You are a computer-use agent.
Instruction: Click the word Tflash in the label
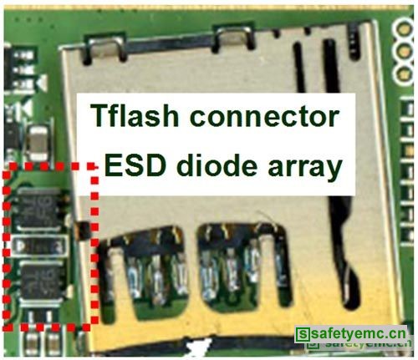[135, 115]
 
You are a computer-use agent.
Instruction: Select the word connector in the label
[264, 117]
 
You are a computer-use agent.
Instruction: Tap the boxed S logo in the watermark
[303, 334]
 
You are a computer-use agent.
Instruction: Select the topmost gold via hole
[404, 28]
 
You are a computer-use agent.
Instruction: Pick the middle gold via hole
[404, 51]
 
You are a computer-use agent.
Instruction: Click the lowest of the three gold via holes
[404, 74]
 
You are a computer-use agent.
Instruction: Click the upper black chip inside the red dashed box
[39, 209]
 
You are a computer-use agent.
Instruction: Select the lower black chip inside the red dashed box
[42, 281]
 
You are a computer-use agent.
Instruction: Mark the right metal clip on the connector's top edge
[233, 36]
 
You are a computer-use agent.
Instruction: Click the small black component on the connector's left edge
[84, 231]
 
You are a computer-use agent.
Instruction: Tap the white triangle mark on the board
[42, 83]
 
